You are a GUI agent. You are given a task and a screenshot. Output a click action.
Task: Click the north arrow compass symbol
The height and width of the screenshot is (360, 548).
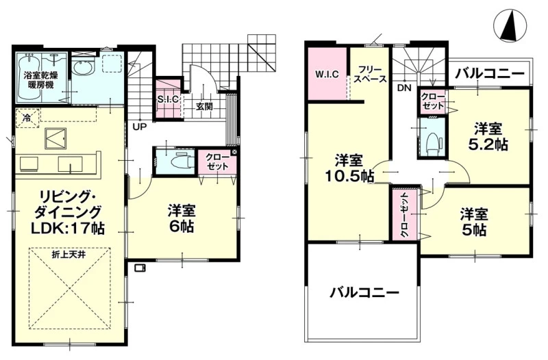[x=510, y=25]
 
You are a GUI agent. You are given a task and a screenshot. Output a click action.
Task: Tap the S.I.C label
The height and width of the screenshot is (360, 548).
[x=168, y=99]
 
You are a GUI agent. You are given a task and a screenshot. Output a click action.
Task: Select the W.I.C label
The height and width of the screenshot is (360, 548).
[x=327, y=74]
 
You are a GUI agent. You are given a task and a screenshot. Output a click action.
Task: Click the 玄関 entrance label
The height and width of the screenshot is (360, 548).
[x=204, y=106]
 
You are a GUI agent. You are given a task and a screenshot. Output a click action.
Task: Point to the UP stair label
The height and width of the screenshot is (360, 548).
[x=140, y=127]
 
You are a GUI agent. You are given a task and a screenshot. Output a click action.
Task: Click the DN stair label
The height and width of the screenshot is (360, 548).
[x=404, y=88]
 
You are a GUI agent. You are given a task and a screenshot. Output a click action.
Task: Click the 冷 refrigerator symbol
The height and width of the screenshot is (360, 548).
[x=27, y=118]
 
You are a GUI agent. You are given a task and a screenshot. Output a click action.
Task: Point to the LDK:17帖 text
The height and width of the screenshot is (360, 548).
[x=67, y=229]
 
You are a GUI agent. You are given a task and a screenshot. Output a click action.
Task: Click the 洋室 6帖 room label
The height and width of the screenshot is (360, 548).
[x=182, y=218]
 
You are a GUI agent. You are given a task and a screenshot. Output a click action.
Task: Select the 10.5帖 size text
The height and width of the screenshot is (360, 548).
[x=349, y=177]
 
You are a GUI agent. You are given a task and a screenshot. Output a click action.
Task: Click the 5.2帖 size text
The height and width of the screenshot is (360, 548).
[x=488, y=144]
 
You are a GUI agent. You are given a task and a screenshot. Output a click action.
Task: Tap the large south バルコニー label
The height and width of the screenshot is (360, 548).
[x=364, y=292]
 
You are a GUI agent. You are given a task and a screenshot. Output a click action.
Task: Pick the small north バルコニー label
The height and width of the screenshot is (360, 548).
[x=490, y=74]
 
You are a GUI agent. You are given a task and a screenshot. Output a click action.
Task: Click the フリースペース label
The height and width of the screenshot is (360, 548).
[x=370, y=74]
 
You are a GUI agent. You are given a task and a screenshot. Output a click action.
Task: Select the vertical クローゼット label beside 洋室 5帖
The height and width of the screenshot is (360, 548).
[x=405, y=214]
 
